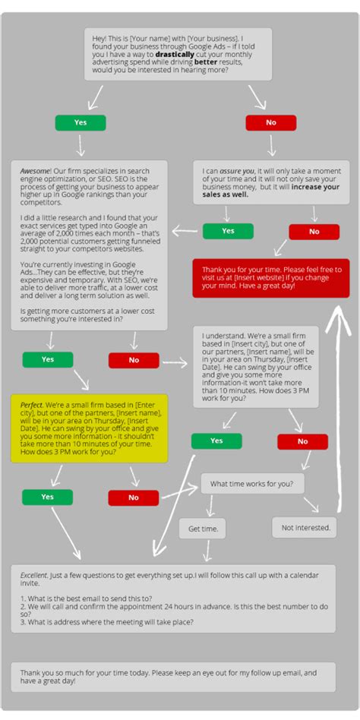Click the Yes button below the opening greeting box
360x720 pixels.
80,122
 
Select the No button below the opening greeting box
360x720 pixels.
270,122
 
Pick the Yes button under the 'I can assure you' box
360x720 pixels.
228,231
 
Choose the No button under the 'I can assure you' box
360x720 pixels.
314,232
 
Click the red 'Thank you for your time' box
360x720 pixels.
271,277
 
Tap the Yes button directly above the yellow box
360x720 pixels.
48,359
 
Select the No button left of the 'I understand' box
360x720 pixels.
134,360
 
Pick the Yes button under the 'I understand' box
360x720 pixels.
216,441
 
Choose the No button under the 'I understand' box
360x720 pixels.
302,441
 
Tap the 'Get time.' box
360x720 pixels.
203,528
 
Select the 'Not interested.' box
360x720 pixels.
305,527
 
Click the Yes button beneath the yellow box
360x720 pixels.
47,497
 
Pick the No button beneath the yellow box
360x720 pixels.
134,497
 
